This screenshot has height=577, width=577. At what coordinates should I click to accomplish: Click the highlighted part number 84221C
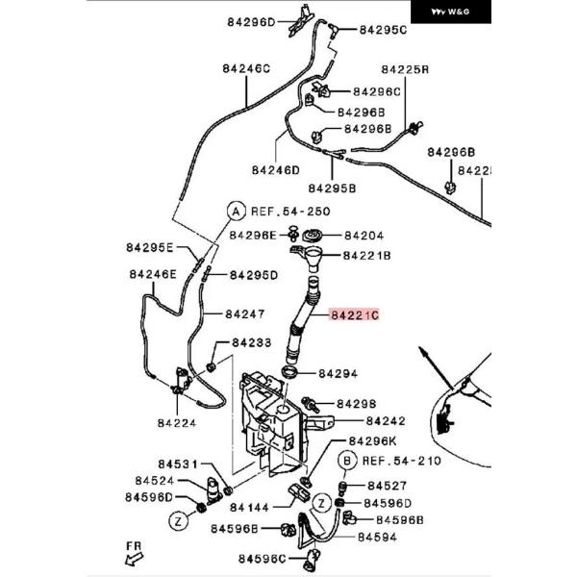pos(355,314)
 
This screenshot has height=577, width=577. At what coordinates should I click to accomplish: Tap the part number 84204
pos(364,235)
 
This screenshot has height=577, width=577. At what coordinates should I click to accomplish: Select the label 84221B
pos(367,256)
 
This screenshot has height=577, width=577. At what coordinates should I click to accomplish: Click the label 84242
pos(385,421)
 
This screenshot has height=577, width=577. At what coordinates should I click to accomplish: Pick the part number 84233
pos(251,342)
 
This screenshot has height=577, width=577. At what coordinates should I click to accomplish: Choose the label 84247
pos(244,314)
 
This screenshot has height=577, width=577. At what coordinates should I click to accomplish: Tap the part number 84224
pos(177,420)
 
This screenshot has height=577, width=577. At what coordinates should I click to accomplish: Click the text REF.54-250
pos(291,210)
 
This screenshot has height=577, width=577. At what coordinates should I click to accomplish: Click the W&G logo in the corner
pos(451,13)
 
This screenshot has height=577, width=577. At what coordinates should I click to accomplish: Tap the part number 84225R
pos(404,70)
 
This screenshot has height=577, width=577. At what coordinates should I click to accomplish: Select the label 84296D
pos(251,21)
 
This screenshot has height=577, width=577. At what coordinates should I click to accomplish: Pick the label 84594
pos(376,537)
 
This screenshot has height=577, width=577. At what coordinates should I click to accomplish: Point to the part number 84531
pos(179,464)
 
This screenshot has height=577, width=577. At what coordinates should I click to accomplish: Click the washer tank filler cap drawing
pos(312,236)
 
